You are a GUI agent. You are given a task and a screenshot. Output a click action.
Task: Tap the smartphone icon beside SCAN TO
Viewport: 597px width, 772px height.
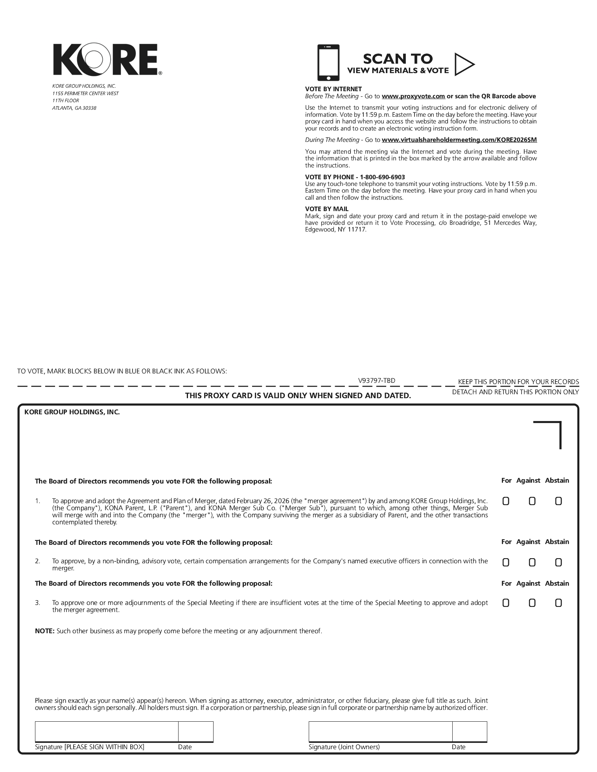click(328, 62)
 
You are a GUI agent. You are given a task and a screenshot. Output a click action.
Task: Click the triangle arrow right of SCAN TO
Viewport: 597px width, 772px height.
click(464, 64)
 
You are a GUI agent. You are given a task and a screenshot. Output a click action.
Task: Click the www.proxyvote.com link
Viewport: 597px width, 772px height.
click(413, 96)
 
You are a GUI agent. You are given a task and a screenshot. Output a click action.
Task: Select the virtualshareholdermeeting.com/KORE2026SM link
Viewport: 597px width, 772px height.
click(459, 140)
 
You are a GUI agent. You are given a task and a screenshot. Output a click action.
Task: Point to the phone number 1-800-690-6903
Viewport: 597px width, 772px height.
click(382, 177)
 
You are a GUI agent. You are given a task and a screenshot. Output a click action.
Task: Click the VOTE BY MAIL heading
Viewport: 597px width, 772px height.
click(326, 209)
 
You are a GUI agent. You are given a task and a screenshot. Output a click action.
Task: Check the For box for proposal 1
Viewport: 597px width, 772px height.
click(506, 501)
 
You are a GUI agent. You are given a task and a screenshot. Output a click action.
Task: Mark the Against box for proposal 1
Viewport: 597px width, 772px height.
click(532, 501)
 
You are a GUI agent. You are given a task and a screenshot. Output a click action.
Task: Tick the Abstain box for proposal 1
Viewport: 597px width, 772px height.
click(558, 501)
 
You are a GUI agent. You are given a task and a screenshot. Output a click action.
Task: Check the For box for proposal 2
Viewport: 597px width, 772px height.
click(506, 562)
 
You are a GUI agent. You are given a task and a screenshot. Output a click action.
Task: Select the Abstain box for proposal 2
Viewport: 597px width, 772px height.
click(558, 562)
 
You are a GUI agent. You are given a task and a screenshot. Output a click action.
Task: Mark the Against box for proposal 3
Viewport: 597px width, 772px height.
click(532, 603)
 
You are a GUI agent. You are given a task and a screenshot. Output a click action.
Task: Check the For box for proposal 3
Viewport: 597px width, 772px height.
click(506, 603)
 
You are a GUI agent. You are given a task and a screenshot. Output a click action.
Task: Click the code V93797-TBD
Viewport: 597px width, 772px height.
click(376, 380)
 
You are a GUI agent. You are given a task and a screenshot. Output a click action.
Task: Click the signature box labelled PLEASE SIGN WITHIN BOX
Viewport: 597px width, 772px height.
click(106, 732)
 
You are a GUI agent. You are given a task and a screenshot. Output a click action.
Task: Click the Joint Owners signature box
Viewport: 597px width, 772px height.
click(380, 732)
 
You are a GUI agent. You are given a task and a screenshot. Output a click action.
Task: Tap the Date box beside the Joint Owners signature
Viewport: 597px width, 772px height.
click(469, 732)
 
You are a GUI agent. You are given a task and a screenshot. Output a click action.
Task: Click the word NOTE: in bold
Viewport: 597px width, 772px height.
click(45, 631)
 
